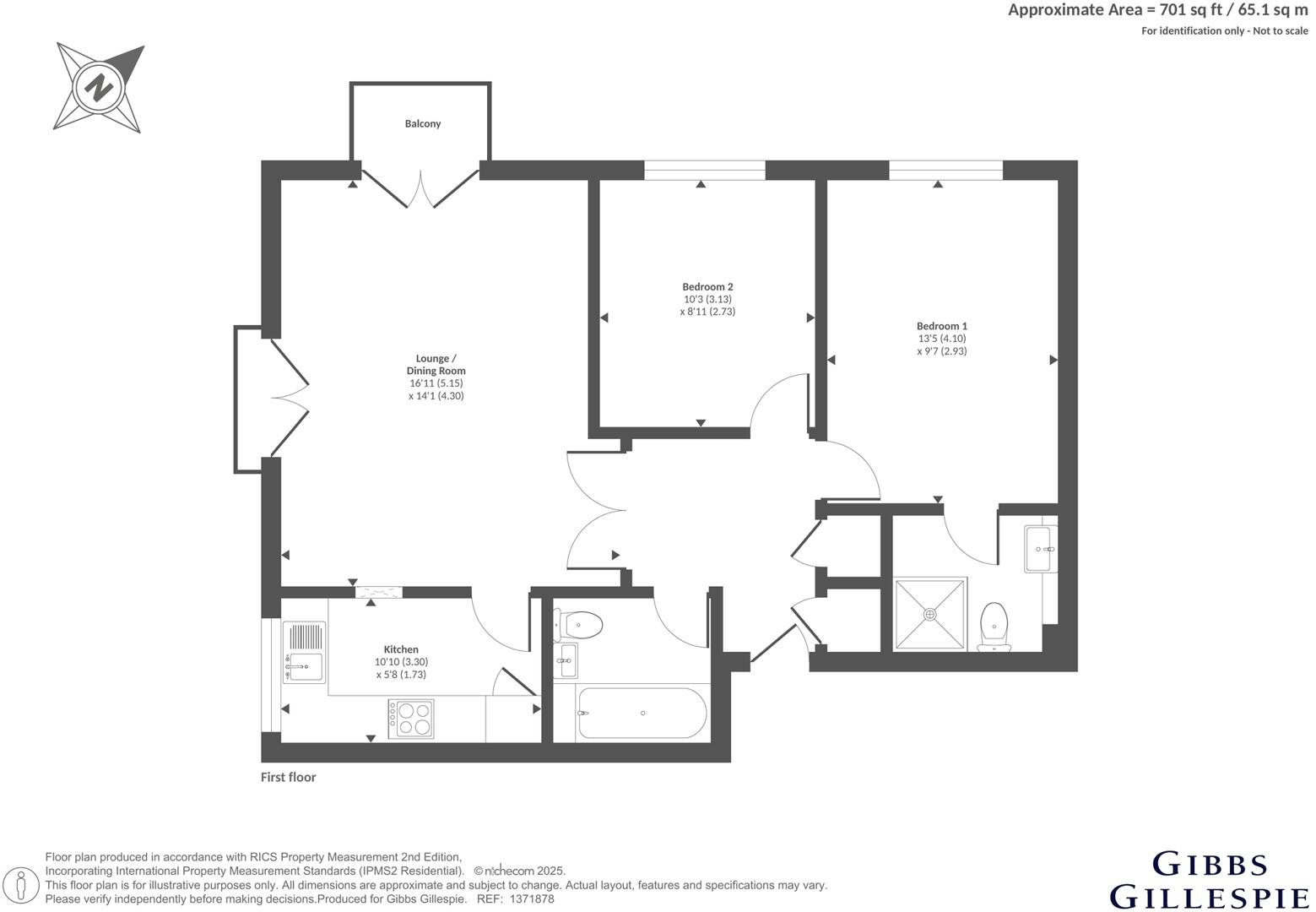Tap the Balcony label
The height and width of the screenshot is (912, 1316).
(x=422, y=124)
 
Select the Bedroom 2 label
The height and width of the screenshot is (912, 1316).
(x=707, y=287)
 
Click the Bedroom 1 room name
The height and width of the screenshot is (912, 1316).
(x=941, y=326)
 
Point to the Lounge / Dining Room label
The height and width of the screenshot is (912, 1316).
(x=436, y=364)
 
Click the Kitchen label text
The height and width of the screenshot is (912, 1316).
(x=401, y=649)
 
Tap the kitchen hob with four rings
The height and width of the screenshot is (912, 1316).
(x=410, y=719)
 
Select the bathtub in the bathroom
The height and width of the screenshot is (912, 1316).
(x=641, y=714)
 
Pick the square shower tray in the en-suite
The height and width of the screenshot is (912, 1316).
(x=930, y=614)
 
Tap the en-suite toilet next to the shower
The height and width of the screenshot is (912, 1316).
(x=994, y=627)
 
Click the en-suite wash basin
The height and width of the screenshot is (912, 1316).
(x=1039, y=549)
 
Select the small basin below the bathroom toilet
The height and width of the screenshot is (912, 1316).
(x=566, y=660)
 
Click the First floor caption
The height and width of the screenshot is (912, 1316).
(x=288, y=777)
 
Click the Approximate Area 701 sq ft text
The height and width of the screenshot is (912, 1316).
(x=1157, y=11)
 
